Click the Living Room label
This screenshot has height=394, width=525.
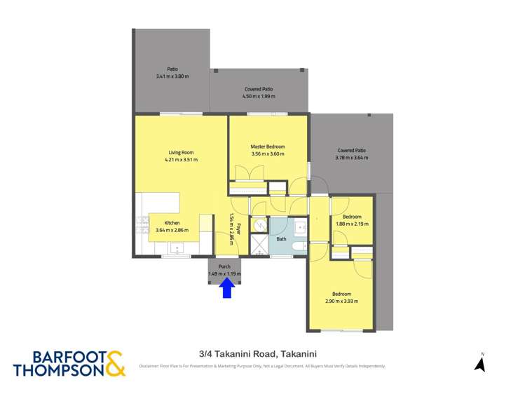[x=181, y=152]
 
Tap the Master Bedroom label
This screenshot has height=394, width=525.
[x=268, y=147]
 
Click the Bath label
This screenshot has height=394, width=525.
[x=281, y=239]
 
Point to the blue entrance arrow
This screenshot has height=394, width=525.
[x=226, y=287]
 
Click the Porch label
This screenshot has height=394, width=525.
[x=224, y=267]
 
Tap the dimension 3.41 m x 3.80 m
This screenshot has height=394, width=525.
[x=172, y=76]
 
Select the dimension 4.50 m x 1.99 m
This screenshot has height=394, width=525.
[x=259, y=96]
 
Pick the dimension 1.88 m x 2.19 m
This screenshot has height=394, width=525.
[x=352, y=224]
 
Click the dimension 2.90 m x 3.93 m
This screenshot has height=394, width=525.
[x=341, y=301]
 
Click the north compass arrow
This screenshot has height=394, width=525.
[x=480, y=363]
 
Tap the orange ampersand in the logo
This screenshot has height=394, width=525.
[x=116, y=362]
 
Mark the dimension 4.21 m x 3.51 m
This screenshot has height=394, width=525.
[x=181, y=159]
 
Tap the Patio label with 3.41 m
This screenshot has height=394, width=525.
[x=172, y=69]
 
